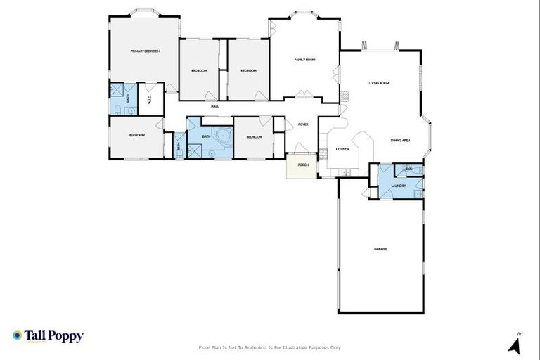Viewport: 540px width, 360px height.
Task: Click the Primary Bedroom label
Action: [146, 51]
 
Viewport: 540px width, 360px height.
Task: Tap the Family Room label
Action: [304, 60]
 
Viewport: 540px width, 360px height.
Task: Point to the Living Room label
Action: [379, 83]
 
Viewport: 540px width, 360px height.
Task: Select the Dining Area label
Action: [401, 140]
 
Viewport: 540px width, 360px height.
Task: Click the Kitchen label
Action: [342, 149]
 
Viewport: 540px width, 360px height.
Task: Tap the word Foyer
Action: [303, 124]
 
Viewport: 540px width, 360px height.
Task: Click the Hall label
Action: [215, 106]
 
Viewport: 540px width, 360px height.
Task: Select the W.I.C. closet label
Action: [150, 99]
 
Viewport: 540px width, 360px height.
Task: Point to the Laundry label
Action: [398, 186]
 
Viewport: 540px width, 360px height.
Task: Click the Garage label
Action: [380, 249]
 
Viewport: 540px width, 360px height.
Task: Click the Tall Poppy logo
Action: [48, 336]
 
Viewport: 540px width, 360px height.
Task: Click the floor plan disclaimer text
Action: [270, 347]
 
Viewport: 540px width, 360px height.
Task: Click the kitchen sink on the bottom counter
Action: [345, 172]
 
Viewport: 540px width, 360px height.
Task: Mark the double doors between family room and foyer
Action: [303, 94]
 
